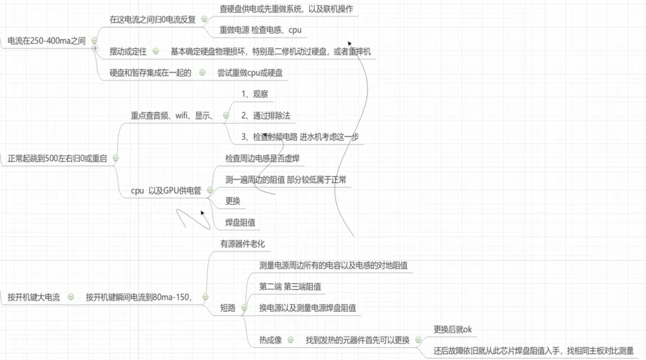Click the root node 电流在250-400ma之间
[46, 41]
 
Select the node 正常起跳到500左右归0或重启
[57, 159]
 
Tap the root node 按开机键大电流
[33, 297]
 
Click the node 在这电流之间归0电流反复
[153, 19]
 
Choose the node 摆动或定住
[128, 51]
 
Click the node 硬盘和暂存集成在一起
[150, 73]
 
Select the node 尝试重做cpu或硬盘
[249, 73]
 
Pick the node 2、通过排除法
[266, 115]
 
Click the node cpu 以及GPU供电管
[166, 191]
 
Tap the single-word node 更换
[233, 201]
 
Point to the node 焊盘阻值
[237, 222]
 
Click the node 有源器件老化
[242, 243]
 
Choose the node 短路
[228, 308]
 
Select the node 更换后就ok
[453, 330]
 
